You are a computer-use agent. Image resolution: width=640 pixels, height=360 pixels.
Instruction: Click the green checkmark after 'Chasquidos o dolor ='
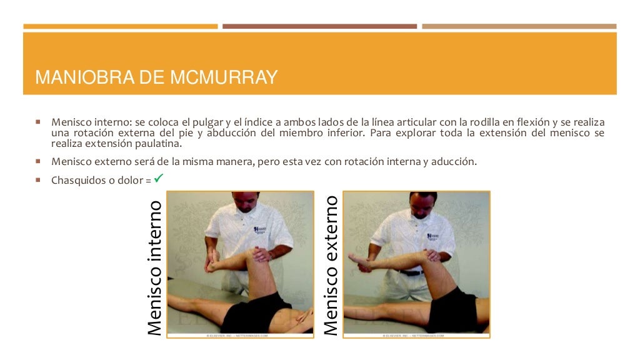point(158,179)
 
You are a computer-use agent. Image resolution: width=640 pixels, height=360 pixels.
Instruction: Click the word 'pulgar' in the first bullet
point(206,122)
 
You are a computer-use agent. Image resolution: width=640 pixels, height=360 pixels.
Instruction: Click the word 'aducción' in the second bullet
point(455,161)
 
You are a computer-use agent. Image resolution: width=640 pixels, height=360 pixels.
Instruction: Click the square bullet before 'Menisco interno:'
point(39,121)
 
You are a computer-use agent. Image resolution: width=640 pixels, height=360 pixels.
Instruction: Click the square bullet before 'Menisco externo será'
point(39,161)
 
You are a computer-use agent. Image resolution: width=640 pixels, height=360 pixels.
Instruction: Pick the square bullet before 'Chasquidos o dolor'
point(39,181)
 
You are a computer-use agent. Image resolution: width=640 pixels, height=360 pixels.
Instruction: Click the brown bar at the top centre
point(319,26)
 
